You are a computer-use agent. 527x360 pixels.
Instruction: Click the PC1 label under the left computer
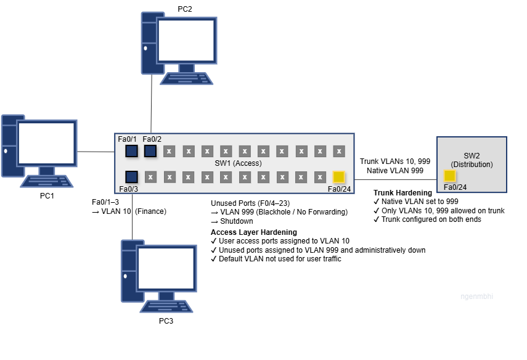coord(47,195)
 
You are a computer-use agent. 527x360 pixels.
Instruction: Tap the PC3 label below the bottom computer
coord(167,321)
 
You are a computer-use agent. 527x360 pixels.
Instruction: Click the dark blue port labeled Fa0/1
coord(131,151)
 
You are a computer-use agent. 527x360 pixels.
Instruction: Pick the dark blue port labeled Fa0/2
coord(150,151)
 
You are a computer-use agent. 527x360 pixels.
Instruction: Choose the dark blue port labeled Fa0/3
coord(131,177)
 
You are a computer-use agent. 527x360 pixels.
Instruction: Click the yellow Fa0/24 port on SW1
coord(338,177)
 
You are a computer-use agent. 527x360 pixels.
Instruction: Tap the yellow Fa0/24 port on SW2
coord(450,176)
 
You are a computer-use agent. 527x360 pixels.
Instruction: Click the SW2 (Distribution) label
coord(472,160)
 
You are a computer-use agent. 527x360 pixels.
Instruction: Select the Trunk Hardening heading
coord(402,193)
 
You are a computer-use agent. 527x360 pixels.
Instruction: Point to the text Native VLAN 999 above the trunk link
coord(394,170)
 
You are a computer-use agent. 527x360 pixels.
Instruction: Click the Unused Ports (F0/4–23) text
coord(250,203)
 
